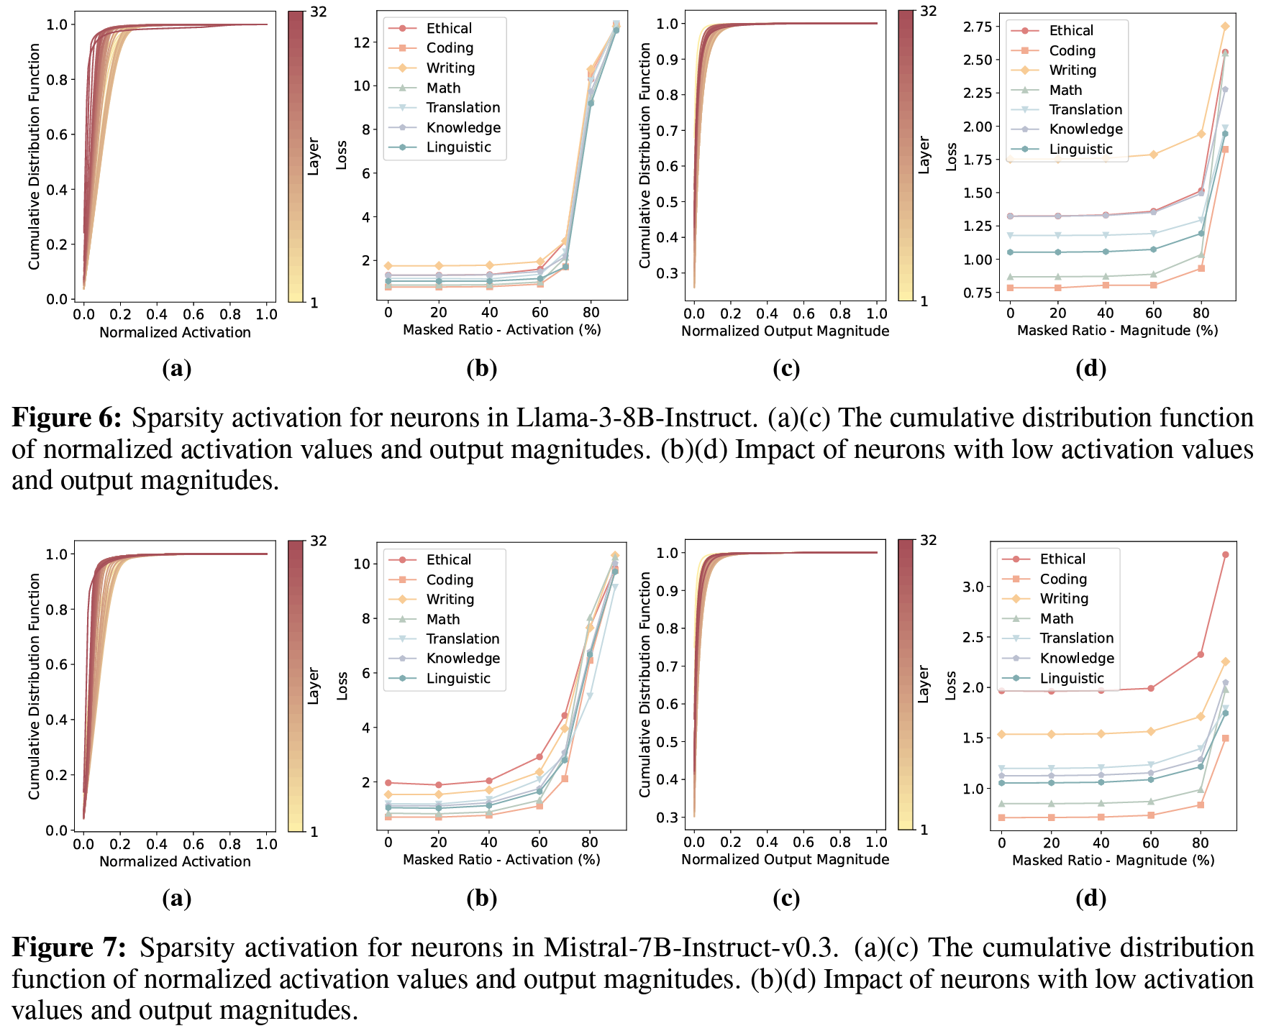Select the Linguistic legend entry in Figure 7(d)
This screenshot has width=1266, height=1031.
pos(1071,678)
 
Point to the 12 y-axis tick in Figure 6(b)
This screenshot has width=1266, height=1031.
pos(362,42)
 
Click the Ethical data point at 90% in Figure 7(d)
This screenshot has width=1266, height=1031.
pos(1225,555)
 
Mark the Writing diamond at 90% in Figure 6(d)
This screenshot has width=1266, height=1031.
pos(1225,27)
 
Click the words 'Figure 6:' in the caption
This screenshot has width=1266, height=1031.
pos(67,418)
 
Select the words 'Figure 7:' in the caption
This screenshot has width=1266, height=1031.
pos(69,948)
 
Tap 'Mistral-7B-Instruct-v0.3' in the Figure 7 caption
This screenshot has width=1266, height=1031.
pos(691,948)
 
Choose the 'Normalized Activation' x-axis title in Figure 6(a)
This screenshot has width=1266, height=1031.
pos(175,332)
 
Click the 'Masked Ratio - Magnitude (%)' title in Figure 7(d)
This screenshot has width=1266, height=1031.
pos(1113,860)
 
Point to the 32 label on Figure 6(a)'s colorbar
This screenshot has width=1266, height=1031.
pos(317,12)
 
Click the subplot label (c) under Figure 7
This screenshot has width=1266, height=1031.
pos(785,898)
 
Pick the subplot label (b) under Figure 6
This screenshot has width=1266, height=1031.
pos(481,369)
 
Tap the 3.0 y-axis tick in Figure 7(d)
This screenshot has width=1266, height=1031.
pos(973,587)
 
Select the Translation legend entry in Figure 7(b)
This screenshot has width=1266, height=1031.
pos(463,638)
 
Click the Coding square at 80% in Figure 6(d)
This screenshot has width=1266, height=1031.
pos(1201,268)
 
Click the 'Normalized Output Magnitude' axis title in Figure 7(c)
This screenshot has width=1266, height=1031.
pos(785,859)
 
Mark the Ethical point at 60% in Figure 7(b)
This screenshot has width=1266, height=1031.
pos(539,757)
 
